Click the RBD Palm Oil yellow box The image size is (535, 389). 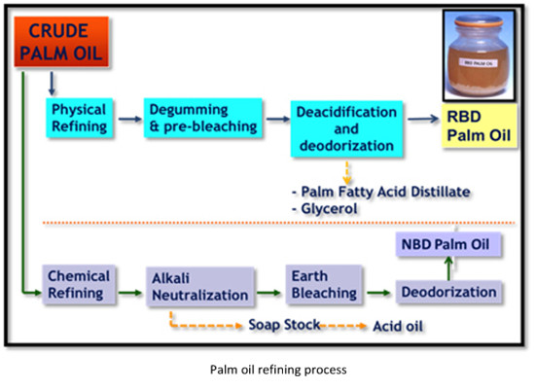(477, 124)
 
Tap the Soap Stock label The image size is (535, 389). (284, 324)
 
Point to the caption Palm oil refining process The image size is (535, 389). (267, 369)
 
